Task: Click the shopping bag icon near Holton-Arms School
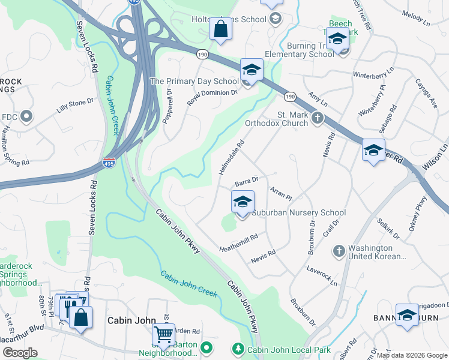220,29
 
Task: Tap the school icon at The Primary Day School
252,70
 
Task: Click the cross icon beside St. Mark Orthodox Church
318,119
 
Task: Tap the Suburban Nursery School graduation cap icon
243,202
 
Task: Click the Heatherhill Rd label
238,242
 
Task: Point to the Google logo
20,353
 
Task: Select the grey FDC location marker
26,116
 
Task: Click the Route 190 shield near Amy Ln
290,97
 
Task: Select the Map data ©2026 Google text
411,355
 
